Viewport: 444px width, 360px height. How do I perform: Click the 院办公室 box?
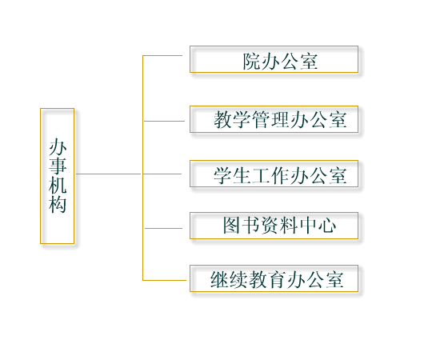274,59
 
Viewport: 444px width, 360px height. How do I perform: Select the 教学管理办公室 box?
274,119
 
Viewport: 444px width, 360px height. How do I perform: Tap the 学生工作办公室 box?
274,174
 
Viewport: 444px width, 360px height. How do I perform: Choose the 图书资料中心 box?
274,226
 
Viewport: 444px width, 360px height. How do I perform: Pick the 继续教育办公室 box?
274,278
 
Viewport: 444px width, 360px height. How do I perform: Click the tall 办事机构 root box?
57,176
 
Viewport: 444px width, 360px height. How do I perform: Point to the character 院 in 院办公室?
251,62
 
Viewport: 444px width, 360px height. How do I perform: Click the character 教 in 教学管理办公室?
223,119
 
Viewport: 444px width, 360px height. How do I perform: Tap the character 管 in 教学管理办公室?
262,119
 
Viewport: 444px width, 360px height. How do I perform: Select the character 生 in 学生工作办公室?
242,176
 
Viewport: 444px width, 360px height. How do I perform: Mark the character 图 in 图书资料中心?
232,226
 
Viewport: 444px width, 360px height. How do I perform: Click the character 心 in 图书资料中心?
327,226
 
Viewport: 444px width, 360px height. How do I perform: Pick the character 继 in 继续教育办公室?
219,280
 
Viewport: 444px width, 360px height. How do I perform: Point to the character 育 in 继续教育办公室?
278,280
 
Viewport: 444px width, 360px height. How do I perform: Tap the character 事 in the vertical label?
58,166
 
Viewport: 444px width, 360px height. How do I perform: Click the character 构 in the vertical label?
58,204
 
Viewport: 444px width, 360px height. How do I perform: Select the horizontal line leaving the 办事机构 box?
109,174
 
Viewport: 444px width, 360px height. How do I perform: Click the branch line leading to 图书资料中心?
164,228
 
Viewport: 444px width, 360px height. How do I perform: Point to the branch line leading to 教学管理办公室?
164,122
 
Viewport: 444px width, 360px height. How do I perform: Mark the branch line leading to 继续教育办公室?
165,281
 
